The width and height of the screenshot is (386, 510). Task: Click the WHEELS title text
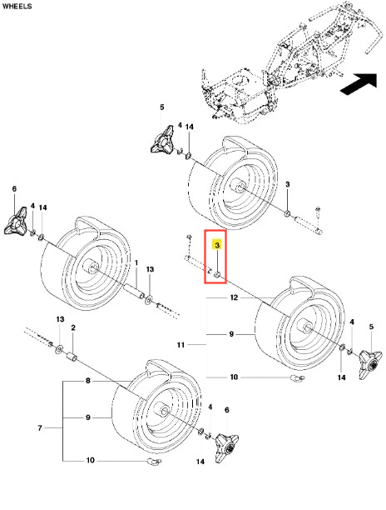(17, 6)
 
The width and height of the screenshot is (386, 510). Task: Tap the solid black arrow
(360, 84)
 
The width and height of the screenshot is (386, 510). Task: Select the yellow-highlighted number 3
(217, 245)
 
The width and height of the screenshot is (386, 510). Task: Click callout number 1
(136, 262)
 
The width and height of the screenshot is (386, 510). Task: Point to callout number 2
(73, 327)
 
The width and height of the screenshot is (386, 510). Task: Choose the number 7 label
(40, 427)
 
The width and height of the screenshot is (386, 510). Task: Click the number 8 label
(88, 380)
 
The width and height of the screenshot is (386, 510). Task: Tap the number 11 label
(181, 344)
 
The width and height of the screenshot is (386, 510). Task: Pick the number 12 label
(234, 297)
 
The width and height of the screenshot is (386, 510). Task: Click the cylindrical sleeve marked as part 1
(134, 291)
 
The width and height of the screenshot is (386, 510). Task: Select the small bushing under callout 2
(72, 357)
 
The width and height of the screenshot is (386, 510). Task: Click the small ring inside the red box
(217, 276)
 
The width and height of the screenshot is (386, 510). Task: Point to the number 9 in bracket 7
(88, 417)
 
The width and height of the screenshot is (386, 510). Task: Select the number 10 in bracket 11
(234, 377)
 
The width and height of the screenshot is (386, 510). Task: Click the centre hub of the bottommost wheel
(161, 409)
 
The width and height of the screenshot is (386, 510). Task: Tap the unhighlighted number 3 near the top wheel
(287, 184)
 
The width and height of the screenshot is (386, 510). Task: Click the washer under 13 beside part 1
(149, 299)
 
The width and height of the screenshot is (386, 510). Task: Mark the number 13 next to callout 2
(60, 319)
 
